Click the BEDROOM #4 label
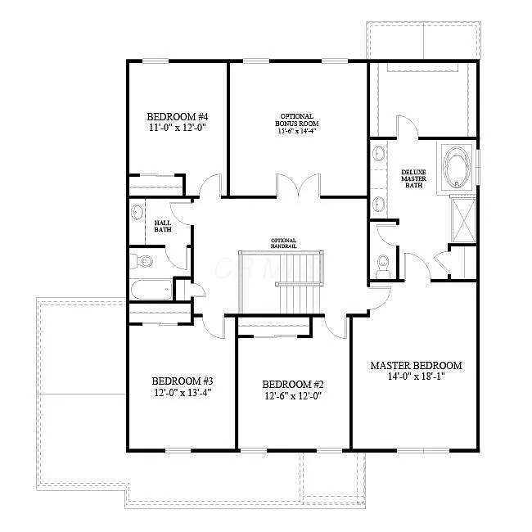click(178, 116)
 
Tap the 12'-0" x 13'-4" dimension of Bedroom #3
click(183, 393)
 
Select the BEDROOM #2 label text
click(293, 384)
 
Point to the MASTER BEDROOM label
click(416, 366)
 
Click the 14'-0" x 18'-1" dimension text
click(416, 377)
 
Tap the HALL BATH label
click(163, 226)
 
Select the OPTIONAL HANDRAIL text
click(283, 243)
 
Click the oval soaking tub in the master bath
click(455, 168)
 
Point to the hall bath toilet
click(143, 262)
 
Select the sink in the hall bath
click(137, 214)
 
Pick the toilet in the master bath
click(382, 264)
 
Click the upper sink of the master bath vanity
click(378, 154)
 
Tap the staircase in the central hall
click(299, 282)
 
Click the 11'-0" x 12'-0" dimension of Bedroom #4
click(177, 128)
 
